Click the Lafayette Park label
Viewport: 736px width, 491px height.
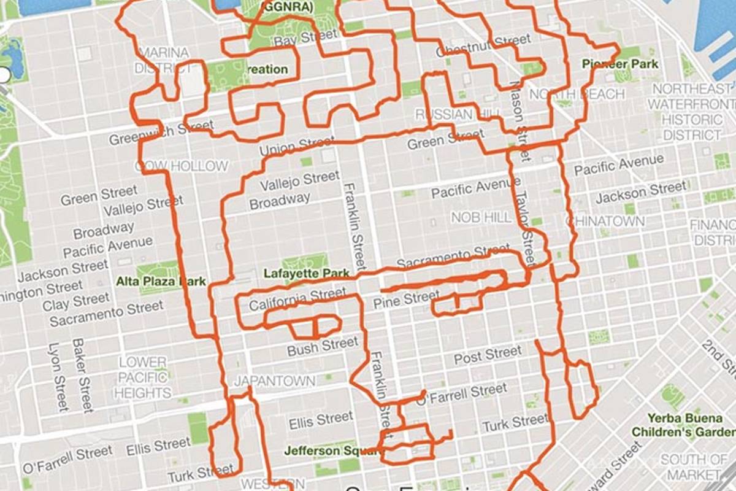[306, 274]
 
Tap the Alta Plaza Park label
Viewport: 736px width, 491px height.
[161, 282]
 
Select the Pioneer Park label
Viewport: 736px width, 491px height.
[620, 64]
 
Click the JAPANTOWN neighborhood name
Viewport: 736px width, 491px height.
[274, 381]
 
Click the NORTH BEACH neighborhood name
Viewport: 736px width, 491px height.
[577, 94]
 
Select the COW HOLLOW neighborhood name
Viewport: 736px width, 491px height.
[182, 166]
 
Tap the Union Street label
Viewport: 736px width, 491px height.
[297, 146]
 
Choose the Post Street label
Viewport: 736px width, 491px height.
[488, 355]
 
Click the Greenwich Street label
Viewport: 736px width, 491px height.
[161, 133]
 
